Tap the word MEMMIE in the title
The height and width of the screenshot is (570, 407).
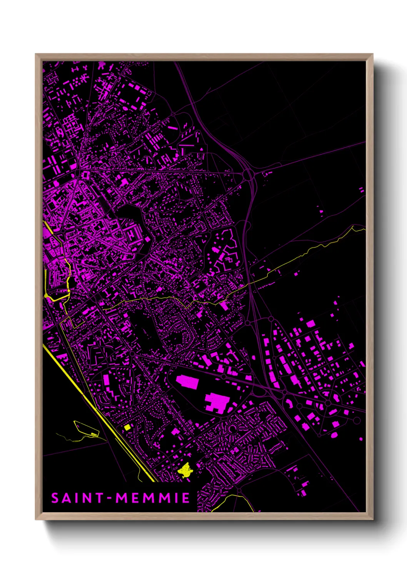click(153, 498)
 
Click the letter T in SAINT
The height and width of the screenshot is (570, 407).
click(99, 498)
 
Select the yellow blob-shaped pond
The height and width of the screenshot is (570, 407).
click(185, 470)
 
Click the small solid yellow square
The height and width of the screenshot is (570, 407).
click(127, 427)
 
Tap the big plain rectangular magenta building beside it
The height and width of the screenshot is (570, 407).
click(187, 382)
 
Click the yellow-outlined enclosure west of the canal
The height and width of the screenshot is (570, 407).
click(85, 428)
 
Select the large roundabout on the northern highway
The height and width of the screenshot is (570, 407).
click(247, 175)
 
